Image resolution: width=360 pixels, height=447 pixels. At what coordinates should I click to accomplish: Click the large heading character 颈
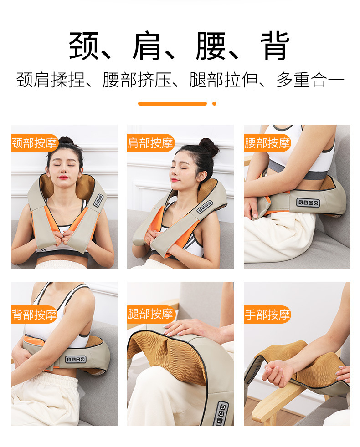(83, 46)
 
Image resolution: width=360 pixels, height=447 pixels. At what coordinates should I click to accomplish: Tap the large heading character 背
(275, 46)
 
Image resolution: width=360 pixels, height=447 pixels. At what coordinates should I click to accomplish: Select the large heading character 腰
(211, 46)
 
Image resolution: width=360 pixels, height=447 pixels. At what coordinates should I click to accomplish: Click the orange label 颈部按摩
(35, 143)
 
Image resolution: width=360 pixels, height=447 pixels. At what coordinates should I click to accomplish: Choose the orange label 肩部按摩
(151, 143)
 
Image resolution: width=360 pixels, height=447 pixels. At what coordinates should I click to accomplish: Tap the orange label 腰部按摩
(267, 143)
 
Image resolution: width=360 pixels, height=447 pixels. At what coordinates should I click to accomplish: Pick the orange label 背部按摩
(35, 315)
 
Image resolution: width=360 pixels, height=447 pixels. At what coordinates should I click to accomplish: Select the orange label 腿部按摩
(151, 314)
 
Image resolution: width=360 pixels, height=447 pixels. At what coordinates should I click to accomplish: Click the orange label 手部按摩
(267, 315)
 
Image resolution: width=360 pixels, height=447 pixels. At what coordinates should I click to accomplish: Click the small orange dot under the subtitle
(214, 103)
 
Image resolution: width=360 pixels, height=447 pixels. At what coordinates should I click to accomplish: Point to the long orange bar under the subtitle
(172, 103)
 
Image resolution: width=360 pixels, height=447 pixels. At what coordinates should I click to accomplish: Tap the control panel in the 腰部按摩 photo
(308, 203)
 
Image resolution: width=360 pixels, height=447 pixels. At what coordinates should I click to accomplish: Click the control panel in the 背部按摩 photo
(76, 359)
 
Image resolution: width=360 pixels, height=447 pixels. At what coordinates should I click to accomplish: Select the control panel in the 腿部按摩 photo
(221, 414)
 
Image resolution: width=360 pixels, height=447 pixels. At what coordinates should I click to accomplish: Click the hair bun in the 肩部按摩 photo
(209, 146)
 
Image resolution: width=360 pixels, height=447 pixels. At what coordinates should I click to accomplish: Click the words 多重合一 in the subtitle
(310, 80)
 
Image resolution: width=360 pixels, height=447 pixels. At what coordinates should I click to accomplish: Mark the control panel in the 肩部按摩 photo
(205, 207)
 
